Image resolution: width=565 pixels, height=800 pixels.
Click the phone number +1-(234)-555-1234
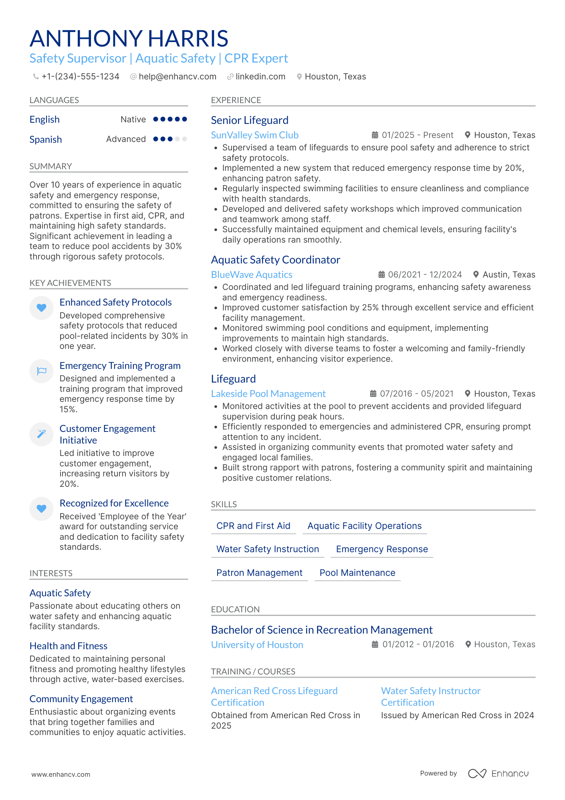(80, 77)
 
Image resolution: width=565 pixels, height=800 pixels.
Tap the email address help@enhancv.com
(177, 77)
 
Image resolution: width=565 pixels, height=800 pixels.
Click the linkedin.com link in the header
(260, 77)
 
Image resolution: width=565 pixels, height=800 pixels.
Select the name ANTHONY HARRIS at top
(129, 38)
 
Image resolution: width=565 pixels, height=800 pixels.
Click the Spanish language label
(46, 140)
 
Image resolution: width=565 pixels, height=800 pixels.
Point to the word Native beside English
(133, 119)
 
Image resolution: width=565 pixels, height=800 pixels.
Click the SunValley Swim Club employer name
(254, 135)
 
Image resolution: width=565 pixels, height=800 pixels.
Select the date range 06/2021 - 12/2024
(425, 275)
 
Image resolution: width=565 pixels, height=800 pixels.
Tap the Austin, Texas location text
(509, 275)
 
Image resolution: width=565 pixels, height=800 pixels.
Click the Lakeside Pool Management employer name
(268, 394)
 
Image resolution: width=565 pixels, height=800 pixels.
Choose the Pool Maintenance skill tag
(357, 573)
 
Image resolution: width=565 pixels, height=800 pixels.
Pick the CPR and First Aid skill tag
(253, 526)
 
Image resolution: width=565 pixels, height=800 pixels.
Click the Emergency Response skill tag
(381, 549)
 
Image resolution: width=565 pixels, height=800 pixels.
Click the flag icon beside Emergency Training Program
(42, 371)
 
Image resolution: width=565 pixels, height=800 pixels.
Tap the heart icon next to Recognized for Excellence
(42, 508)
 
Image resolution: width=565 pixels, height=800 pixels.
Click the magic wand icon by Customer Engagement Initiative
(42, 434)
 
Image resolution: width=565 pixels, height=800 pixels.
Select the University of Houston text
(257, 645)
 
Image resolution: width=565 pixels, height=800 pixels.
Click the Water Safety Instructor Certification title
(430, 697)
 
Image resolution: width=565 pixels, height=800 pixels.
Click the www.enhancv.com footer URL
(61, 774)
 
